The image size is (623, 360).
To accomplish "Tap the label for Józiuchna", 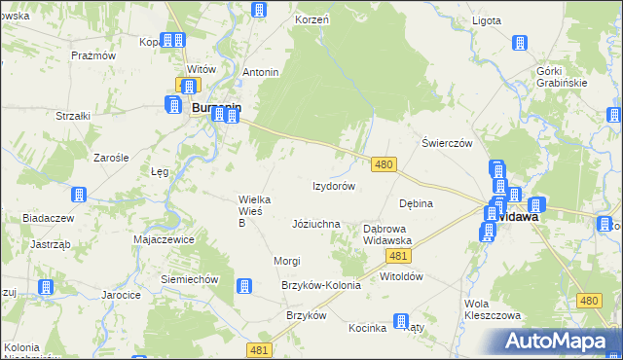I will [315, 224].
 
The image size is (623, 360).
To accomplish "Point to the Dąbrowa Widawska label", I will [387, 234].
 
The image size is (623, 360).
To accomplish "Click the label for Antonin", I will [261, 73].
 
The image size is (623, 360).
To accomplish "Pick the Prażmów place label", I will [93, 55].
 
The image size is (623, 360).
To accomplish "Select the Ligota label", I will [485, 20].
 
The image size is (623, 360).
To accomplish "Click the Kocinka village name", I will [368, 328].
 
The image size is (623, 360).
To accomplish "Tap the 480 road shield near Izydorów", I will [384, 165].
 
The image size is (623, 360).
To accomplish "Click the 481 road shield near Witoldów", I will [396, 255].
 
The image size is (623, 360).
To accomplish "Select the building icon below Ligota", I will [520, 44].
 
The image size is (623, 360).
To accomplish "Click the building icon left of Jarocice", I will [45, 287].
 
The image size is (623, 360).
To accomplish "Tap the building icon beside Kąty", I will [400, 321].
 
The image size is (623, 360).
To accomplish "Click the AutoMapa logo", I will [560, 342].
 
